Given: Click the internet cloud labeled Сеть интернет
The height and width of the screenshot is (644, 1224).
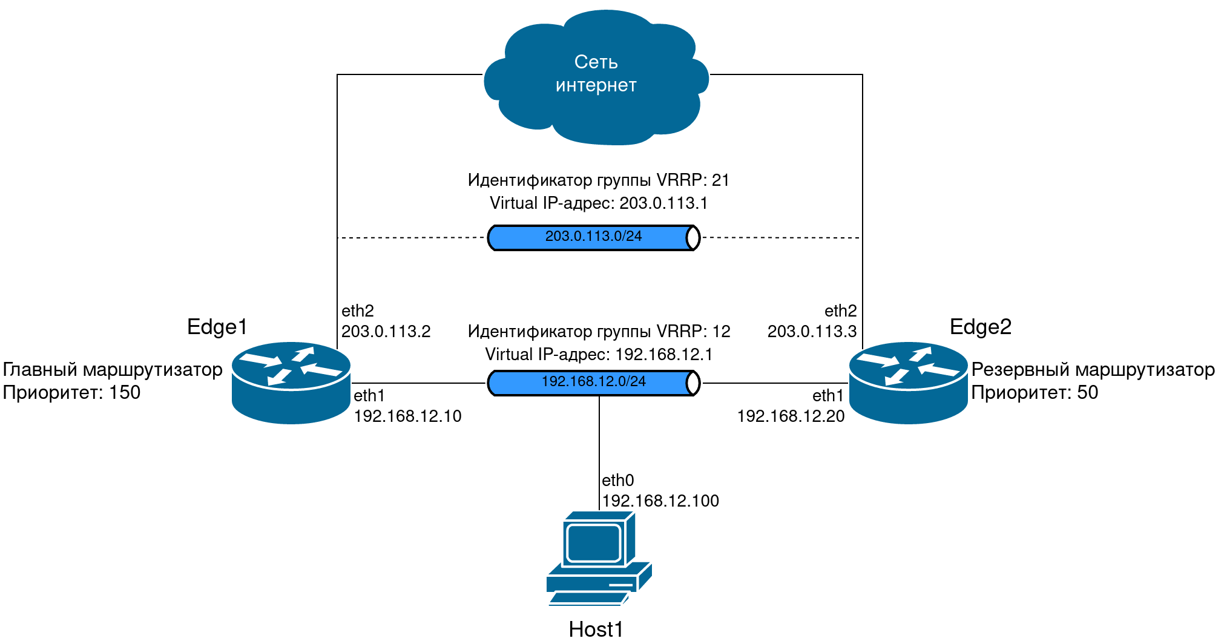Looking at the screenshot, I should [x=596, y=76].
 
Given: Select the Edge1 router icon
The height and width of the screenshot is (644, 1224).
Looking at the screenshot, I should [x=291, y=383].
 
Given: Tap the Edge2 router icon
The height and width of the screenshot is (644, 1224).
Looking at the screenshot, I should [x=908, y=383].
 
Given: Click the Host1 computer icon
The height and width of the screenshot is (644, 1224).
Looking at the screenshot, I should [x=598, y=558].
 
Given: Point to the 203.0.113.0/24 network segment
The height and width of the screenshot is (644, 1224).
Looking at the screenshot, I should [x=594, y=237].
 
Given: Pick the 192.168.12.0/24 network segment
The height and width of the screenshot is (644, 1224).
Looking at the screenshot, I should [x=594, y=383].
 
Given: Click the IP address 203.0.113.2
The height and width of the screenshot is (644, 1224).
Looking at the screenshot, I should [x=386, y=332].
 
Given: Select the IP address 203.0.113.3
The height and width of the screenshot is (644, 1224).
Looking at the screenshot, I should [x=812, y=332].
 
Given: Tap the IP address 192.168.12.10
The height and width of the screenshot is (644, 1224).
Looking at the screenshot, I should [x=407, y=416].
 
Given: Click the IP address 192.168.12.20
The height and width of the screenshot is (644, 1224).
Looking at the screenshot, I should [x=791, y=416].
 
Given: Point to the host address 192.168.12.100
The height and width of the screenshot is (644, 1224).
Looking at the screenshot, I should [x=660, y=501].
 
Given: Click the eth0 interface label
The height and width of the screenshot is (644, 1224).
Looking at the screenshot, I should [x=617, y=481].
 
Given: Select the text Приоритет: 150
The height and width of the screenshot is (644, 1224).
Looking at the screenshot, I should [x=71, y=393].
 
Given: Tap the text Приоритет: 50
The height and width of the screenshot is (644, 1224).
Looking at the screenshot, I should [x=1035, y=393].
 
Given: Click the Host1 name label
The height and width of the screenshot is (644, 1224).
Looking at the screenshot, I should [x=596, y=629].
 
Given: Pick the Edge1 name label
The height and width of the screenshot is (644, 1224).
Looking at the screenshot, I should [x=217, y=327].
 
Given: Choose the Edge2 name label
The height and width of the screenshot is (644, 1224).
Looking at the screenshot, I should [x=981, y=327].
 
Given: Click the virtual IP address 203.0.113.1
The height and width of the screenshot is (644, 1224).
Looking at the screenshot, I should [x=663, y=203].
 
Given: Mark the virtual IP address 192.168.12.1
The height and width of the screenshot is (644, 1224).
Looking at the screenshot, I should [x=663, y=355].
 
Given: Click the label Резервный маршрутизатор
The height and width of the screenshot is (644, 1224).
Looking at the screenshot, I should [x=1093, y=370].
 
